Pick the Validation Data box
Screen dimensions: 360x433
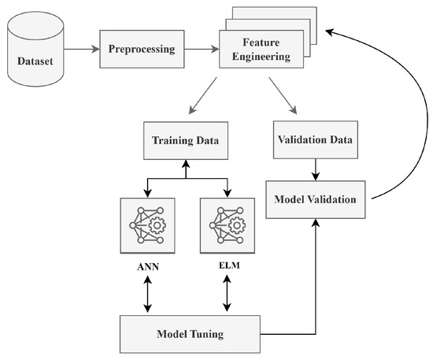[x=314, y=139]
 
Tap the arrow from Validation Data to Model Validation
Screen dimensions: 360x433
[x=315, y=169]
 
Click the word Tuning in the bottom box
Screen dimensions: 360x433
[x=205, y=334]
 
